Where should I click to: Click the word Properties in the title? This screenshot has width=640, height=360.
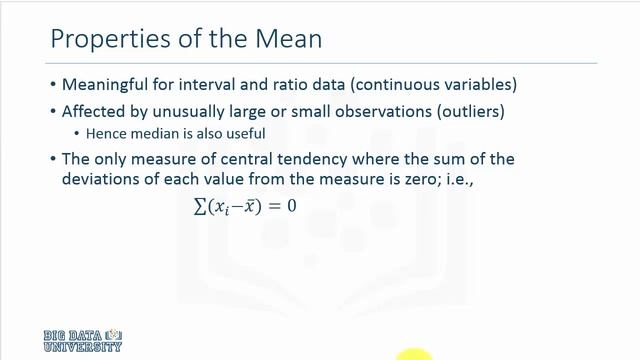99,42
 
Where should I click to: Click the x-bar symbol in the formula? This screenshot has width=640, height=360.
242,207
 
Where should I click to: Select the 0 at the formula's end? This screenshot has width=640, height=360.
291,206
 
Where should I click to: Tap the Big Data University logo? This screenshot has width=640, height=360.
82,340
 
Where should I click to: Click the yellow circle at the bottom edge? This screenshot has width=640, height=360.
413,353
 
